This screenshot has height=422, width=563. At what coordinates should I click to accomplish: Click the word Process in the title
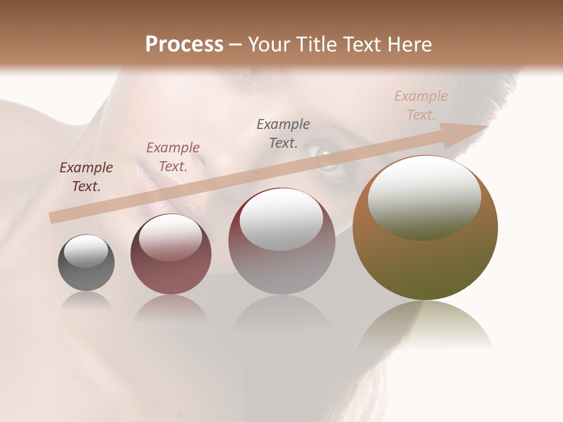tap(184, 44)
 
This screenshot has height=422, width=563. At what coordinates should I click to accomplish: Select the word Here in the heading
tap(409, 44)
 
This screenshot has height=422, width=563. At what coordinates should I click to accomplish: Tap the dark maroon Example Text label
tap(86, 176)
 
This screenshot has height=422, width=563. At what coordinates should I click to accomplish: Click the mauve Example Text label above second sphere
tap(172, 156)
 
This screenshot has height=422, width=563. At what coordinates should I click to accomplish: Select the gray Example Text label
tap(283, 133)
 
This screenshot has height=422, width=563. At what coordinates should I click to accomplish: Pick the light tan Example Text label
tap(420, 105)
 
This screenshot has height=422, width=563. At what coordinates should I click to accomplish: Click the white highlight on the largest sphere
tap(424, 196)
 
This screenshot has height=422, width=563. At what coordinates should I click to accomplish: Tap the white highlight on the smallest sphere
tap(86, 251)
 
